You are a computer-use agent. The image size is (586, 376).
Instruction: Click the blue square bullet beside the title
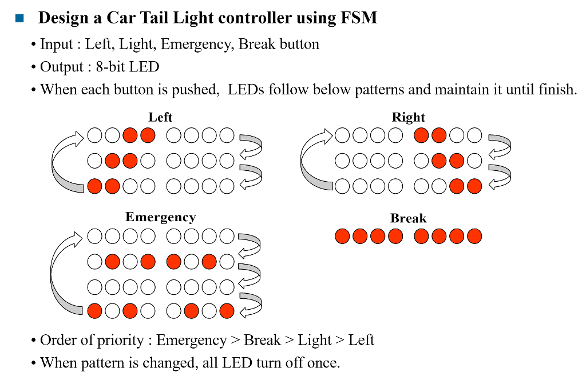click(x=20, y=18)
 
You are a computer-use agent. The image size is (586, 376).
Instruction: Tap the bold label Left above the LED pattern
click(x=160, y=117)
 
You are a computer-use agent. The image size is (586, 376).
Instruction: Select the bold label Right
click(x=408, y=117)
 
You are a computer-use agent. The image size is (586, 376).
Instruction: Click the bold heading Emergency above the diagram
click(x=160, y=217)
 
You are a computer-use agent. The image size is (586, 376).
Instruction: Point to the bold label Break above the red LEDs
click(x=408, y=218)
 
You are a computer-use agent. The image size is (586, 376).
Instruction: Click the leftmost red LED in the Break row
click(x=342, y=236)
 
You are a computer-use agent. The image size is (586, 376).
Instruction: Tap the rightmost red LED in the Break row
click(x=474, y=236)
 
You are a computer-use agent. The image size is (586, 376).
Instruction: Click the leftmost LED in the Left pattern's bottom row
click(x=95, y=186)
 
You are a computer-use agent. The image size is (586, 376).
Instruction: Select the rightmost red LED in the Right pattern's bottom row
click(x=474, y=186)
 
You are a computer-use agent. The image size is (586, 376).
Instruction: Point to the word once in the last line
click(x=324, y=363)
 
